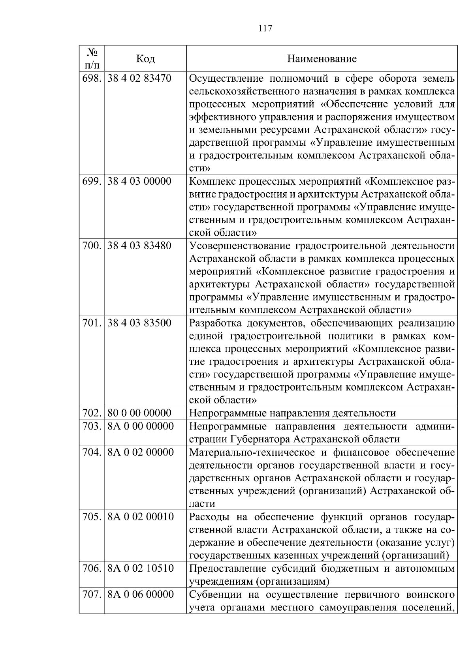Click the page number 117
tap(265, 28)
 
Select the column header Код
tap(145, 59)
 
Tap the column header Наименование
tap(322, 59)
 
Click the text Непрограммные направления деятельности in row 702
tap(292, 413)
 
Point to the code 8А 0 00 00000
tap(140, 426)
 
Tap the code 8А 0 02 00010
tap(140, 517)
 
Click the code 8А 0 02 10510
tap(140, 569)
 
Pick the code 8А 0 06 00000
tap(140, 594)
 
